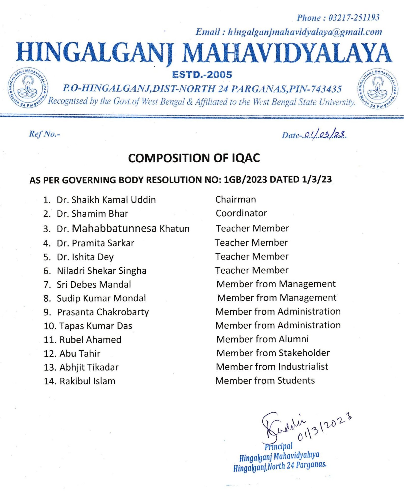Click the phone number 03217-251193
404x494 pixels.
pyautogui.click(x=354, y=18)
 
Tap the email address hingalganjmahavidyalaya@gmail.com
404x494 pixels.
pyautogui.click(x=305, y=32)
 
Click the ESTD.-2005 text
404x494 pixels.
pyautogui.click(x=202, y=75)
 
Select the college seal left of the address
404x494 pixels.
pyautogui.click(x=28, y=88)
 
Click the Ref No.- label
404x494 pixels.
pyautogui.click(x=44, y=134)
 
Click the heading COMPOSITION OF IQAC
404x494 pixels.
pyautogui.click(x=194, y=158)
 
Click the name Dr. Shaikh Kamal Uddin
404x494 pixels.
pyautogui.click(x=106, y=200)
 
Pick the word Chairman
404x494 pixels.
pyautogui.click(x=236, y=199)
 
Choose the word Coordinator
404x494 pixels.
pyautogui.click(x=241, y=213)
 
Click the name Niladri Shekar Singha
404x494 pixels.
pyautogui.click(x=102, y=271)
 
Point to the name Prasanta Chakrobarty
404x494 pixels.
pyautogui.click(x=103, y=312)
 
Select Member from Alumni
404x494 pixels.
pyautogui.click(x=262, y=339)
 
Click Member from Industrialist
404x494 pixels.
pyautogui.click(x=272, y=367)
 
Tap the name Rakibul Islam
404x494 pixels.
pyautogui.click(x=87, y=381)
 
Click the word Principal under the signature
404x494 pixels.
pyautogui.click(x=279, y=446)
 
